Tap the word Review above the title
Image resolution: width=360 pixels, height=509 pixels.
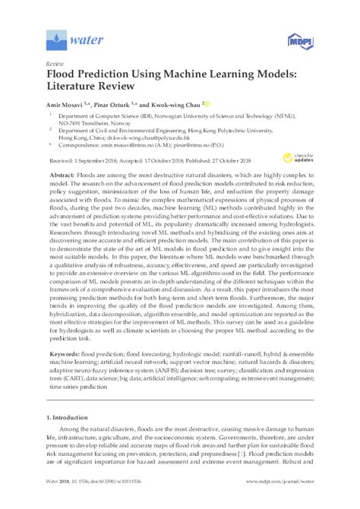(55, 66)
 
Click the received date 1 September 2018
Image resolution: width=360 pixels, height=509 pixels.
(96, 160)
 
